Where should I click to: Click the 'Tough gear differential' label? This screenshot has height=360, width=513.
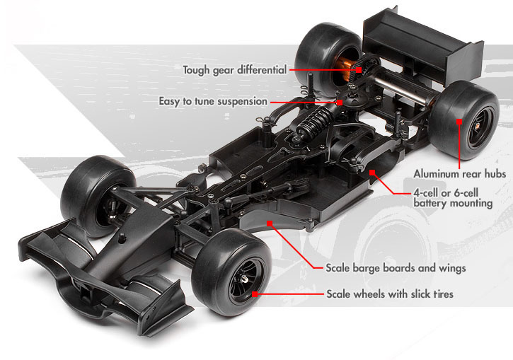(x=235, y=70)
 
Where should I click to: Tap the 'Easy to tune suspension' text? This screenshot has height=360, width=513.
(x=213, y=101)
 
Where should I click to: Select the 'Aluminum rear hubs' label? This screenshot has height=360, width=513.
(x=460, y=173)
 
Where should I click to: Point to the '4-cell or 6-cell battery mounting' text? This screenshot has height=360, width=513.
(x=453, y=198)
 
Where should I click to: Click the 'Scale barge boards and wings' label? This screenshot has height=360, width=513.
(x=396, y=268)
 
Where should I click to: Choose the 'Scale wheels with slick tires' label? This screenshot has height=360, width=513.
(x=390, y=294)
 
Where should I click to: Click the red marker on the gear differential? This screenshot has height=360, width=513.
(x=359, y=69)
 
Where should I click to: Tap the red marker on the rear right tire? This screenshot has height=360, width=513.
(x=459, y=122)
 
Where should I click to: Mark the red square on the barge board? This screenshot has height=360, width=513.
(x=270, y=223)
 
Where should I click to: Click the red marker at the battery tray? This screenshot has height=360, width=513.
(x=372, y=173)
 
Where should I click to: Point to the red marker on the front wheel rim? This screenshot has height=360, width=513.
(x=255, y=294)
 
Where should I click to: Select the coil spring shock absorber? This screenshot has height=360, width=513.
(x=315, y=121)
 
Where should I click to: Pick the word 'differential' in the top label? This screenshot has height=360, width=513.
(x=262, y=69)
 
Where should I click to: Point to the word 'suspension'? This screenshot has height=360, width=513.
(x=243, y=102)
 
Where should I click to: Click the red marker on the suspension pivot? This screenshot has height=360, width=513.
(x=340, y=103)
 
